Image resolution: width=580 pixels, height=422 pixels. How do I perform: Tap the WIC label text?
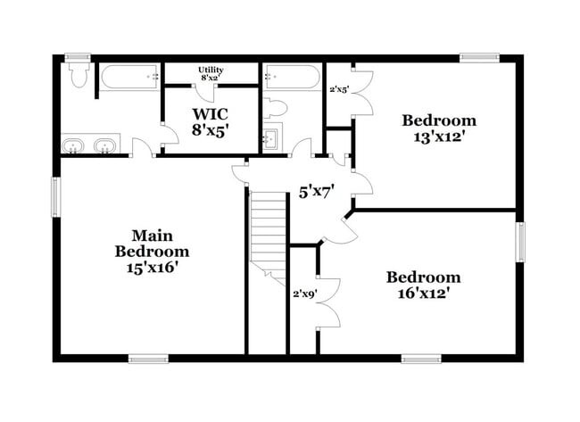click(x=211, y=121)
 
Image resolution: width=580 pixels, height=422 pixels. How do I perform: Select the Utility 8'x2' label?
click(x=211, y=73)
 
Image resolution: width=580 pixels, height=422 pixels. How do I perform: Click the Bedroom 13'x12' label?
click(x=438, y=128)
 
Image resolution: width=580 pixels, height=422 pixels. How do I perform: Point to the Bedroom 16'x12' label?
click(x=423, y=285)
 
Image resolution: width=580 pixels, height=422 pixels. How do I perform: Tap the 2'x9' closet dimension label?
click(x=304, y=293)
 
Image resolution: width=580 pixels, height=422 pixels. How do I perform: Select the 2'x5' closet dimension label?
click(x=339, y=89)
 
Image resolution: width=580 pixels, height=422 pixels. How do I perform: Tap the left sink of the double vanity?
click(x=73, y=145)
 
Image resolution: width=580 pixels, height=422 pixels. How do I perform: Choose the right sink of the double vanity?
click(x=106, y=145)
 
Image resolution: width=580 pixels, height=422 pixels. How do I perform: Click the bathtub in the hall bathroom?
click(x=287, y=78)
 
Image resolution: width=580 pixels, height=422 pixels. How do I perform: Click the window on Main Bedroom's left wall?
click(x=55, y=196)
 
